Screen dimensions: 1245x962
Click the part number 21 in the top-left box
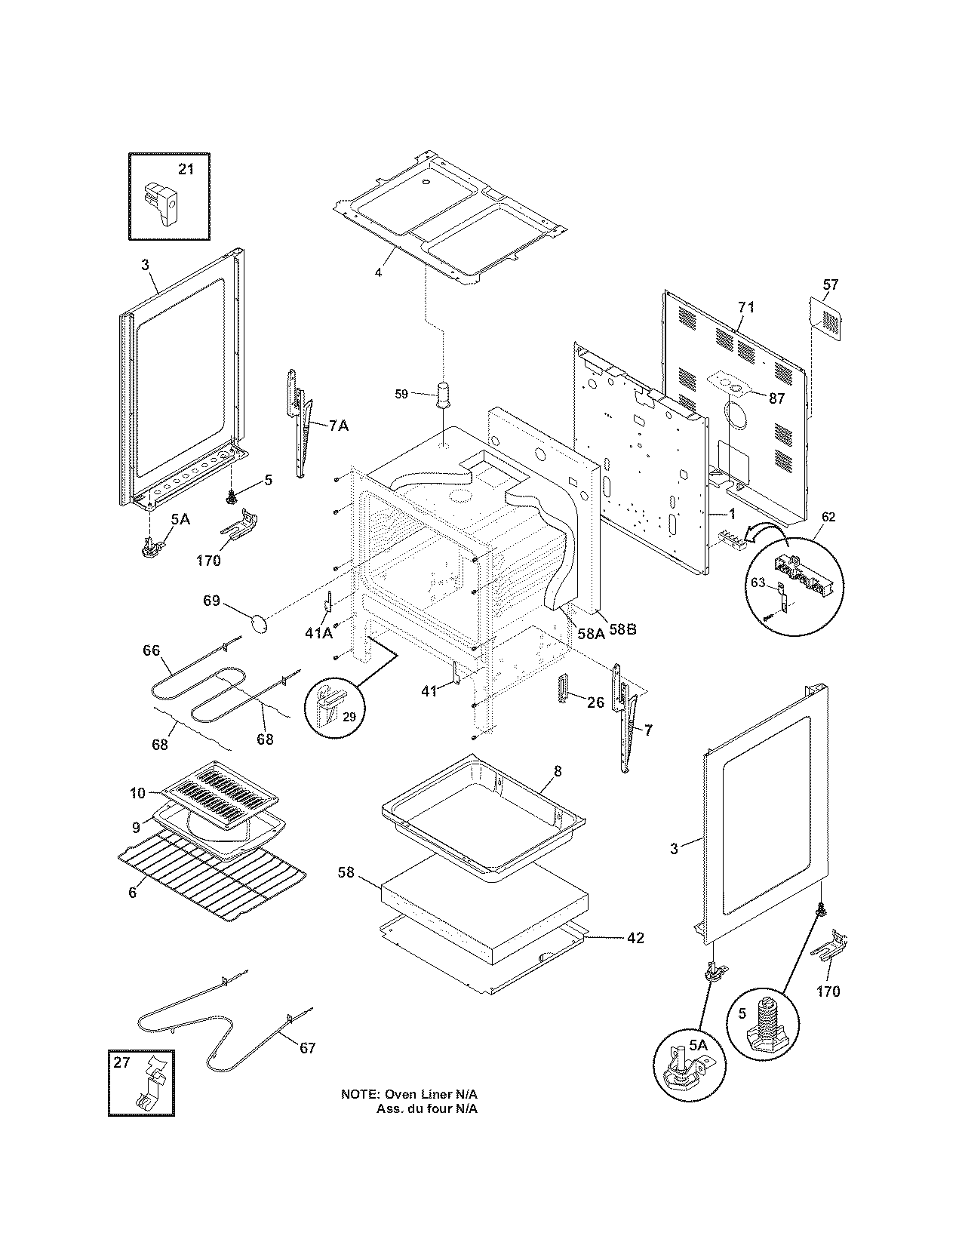point(186,170)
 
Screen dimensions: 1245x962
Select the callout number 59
point(401,393)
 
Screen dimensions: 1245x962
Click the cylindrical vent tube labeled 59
point(441,394)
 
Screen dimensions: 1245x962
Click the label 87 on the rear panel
point(777,398)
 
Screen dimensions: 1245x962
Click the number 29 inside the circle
point(349,716)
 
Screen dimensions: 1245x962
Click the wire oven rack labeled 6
point(211,875)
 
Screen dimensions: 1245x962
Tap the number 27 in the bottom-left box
point(122,1063)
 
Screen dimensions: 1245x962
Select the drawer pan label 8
point(558,771)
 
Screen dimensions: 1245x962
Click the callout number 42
point(635,938)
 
